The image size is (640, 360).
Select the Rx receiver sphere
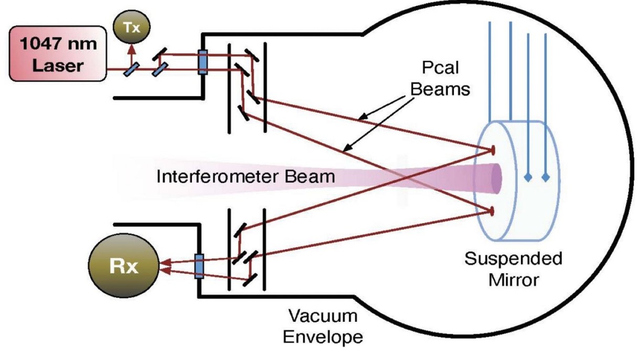124,267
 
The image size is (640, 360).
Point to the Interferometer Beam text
246,176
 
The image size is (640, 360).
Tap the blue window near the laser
202,61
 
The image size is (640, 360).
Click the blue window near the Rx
199,266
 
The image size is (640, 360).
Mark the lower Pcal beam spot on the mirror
493,211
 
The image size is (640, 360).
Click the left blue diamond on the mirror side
528,177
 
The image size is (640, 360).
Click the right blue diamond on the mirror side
546,177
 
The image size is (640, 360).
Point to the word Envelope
323,336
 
